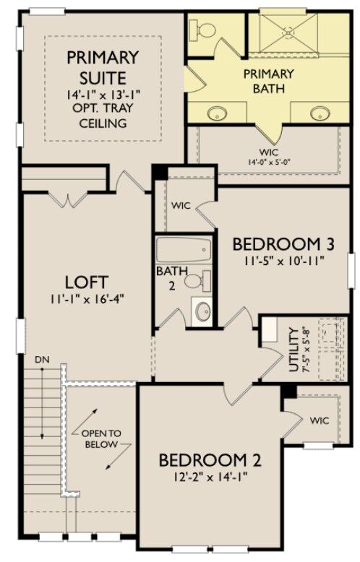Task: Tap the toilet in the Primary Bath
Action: [x=203, y=30]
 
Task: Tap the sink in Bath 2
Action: [x=203, y=312]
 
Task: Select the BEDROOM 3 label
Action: [x=278, y=243]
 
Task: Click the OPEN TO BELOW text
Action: [x=101, y=438]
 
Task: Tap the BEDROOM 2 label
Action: [x=210, y=460]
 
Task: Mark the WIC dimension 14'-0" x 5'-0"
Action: [x=264, y=163]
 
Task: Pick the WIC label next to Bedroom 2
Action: [x=320, y=420]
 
